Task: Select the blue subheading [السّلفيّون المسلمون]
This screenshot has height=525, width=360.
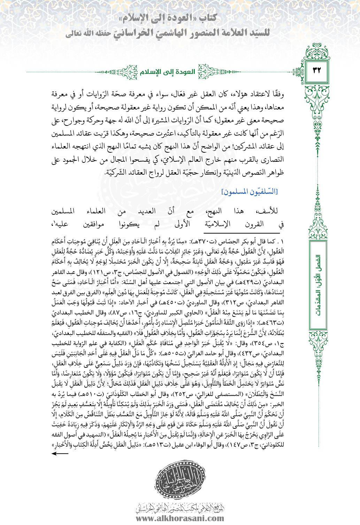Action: click(250, 191)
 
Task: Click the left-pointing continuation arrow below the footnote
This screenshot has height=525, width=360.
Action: click(60, 453)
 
